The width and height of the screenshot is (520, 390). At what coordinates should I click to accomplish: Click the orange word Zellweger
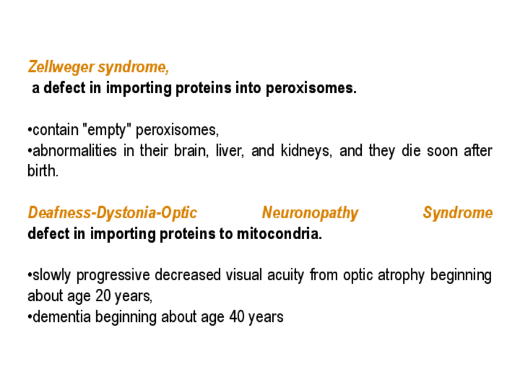click(x=61, y=67)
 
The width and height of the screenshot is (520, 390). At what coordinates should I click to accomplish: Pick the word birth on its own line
click(x=43, y=171)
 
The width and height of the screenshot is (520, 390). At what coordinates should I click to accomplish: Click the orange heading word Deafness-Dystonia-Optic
click(x=112, y=213)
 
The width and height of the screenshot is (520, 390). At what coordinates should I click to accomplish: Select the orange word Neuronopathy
click(x=310, y=213)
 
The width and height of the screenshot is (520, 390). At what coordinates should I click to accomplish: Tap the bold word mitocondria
click(x=279, y=234)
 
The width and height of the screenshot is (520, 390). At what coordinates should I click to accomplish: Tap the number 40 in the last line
click(x=237, y=316)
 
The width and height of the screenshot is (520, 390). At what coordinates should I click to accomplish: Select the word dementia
click(x=62, y=316)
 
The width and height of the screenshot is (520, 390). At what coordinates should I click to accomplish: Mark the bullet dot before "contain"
click(x=30, y=131)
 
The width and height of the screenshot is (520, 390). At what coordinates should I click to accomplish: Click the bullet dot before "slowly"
click(x=30, y=275)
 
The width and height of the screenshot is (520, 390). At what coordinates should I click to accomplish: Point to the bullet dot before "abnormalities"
click(x=30, y=151)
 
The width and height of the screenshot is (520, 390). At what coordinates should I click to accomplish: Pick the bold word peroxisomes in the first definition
click(x=311, y=88)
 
